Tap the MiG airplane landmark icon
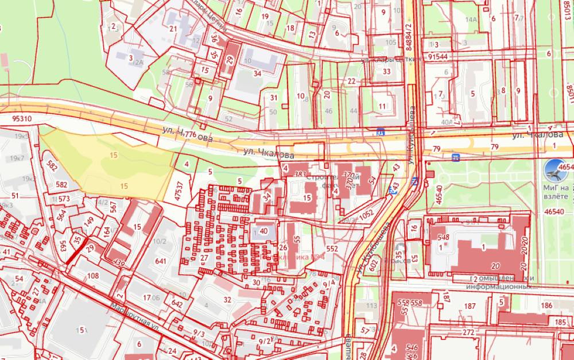click(x=554, y=173)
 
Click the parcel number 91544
click(x=437, y=57)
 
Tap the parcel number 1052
click(x=367, y=213)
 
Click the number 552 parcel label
click(x=332, y=249)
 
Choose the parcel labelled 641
click(x=160, y=261)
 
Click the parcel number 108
click(x=92, y=276)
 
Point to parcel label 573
click(x=64, y=199)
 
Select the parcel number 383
click(x=299, y=174)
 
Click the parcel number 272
click(x=468, y=332)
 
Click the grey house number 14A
click(x=472, y=20)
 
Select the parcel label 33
click(x=386, y=72)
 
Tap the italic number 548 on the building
click(x=443, y=237)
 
